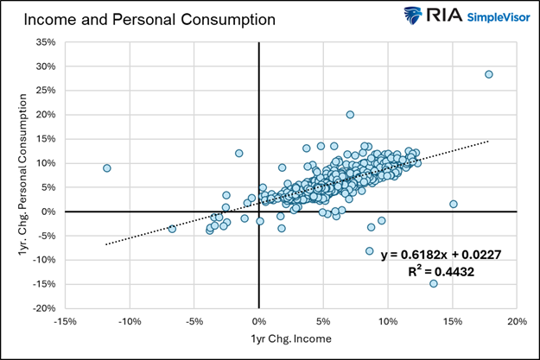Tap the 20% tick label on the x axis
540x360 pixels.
coord(517,321)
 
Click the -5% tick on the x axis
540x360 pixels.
coord(194,321)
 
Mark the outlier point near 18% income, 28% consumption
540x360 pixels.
coord(489,74)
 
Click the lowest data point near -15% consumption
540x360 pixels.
coord(433,283)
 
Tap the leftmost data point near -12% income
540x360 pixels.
coord(107,168)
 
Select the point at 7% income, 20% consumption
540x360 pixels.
coord(350,115)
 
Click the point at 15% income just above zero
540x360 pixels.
coord(453,204)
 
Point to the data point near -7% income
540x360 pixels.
coord(172,229)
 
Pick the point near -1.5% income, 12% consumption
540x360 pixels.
coord(239,154)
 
